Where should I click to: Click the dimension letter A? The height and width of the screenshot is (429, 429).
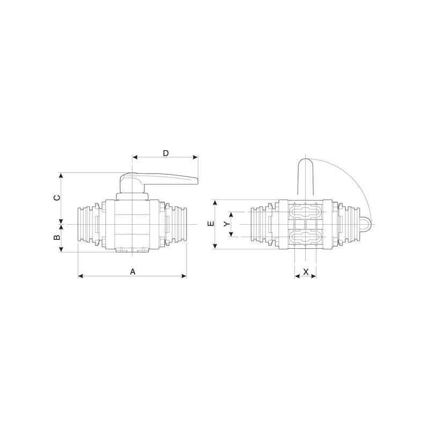click(132, 272)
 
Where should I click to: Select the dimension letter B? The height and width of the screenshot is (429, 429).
click(57, 237)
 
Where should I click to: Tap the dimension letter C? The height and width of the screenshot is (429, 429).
click(57, 197)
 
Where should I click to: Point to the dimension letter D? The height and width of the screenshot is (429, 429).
click(166, 153)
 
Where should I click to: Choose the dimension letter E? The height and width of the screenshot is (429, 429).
click(211, 224)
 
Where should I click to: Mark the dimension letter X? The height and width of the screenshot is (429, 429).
click(306, 272)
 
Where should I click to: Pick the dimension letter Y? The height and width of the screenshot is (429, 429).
click(226, 224)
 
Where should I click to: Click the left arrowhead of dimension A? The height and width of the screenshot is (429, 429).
click(80, 276)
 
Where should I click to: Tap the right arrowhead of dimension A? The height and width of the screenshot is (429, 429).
click(184, 276)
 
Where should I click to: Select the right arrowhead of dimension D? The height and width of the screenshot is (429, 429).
click(195, 157)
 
